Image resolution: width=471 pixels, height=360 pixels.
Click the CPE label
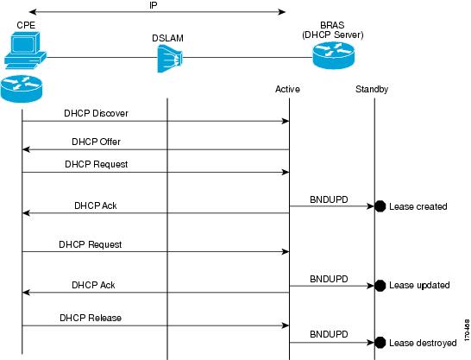pyautogui.click(x=26, y=25)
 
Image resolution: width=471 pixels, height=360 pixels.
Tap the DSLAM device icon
pyautogui.click(x=170, y=59)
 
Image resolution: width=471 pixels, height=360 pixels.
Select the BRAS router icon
pyautogui.click(x=334, y=55)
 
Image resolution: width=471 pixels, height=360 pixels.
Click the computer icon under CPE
pyautogui.click(x=26, y=50)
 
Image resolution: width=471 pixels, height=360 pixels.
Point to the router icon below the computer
pyautogui.click(x=22, y=89)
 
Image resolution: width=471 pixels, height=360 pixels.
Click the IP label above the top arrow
pyautogui.click(x=154, y=5)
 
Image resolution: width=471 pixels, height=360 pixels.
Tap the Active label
pyautogui.click(x=287, y=89)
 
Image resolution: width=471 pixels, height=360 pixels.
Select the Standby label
pyautogui.click(x=372, y=89)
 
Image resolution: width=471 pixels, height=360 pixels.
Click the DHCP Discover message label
pyautogui.click(x=96, y=113)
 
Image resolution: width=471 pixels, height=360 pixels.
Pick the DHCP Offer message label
pyautogui.click(x=96, y=142)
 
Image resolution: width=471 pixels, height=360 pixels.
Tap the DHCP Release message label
pyautogui.click(x=91, y=318)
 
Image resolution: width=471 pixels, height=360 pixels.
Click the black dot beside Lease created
pyautogui.click(x=380, y=206)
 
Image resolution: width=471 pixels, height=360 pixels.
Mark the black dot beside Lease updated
pyautogui.click(x=380, y=286)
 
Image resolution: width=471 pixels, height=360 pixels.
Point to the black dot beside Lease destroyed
pyautogui.click(x=380, y=343)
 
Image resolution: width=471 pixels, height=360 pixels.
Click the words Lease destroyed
pyautogui.click(x=423, y=343)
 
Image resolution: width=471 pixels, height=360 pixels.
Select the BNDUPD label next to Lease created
pyautogui.click(x=329, y=199)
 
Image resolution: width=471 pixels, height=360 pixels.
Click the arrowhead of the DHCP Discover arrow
pyautogui.click(x=286, y=121)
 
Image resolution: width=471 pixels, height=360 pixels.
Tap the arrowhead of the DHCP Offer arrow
pyautogui.click(x=26, y=149)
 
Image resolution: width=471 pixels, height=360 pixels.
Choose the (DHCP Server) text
pyautogui.click(x=333, y=35)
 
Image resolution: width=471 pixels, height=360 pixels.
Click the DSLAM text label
pyautogui.click(x=167, y=38)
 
